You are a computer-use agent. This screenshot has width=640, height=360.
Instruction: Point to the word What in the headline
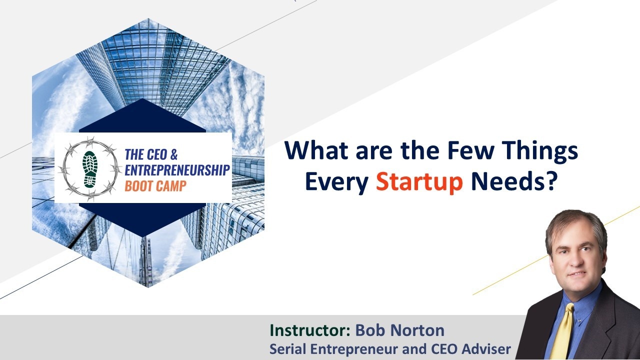(x=316, y=150)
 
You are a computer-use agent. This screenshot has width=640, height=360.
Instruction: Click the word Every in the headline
(x=336, y=183)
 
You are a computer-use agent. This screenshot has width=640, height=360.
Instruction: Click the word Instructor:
(x=310, y=330)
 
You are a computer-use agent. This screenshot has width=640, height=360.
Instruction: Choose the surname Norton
(x=417, y=330)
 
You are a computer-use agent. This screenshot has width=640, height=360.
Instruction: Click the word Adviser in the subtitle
(x=486, y=349)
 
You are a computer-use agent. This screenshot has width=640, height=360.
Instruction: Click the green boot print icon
(x=89, y=169)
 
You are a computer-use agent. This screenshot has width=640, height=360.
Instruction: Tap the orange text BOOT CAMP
(x=155, y=185)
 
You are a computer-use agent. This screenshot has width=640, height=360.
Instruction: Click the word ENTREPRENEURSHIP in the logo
(x=177, y=170)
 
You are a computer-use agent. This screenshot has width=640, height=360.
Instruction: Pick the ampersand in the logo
(x=174, y=154)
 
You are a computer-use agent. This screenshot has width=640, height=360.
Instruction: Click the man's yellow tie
(x=562, y=331)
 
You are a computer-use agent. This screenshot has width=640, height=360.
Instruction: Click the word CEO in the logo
(x=156, y=154)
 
